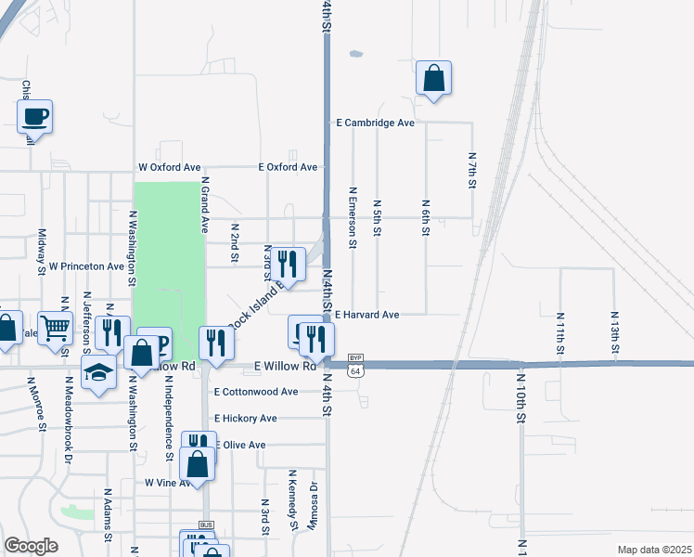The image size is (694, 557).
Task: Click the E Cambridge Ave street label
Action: pyautogui.click(x=375, y=123)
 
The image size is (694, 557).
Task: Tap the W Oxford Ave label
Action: pyautogui.click(x=169, y=167)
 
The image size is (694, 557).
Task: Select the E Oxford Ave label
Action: pyautogui.click(x=288, y=167)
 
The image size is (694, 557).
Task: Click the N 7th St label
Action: pyautogui.click(x=471, y=172)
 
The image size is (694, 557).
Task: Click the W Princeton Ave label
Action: pyautogui.click(x=86, y=266)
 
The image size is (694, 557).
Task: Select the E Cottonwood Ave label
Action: pyautogui.click(x=255, y=392)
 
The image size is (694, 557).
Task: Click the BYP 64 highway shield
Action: pyautogui.click(x=354, y=365)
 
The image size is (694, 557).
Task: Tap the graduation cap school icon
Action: pyautogui.click(x=97, y=374)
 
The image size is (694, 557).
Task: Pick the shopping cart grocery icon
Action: pyautogui.click(x=56, y=327)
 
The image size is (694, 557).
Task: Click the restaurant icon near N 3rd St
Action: pyautogui.click(x=288, y=264)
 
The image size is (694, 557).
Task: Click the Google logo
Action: pyautogui.click(x=32, y=546)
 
